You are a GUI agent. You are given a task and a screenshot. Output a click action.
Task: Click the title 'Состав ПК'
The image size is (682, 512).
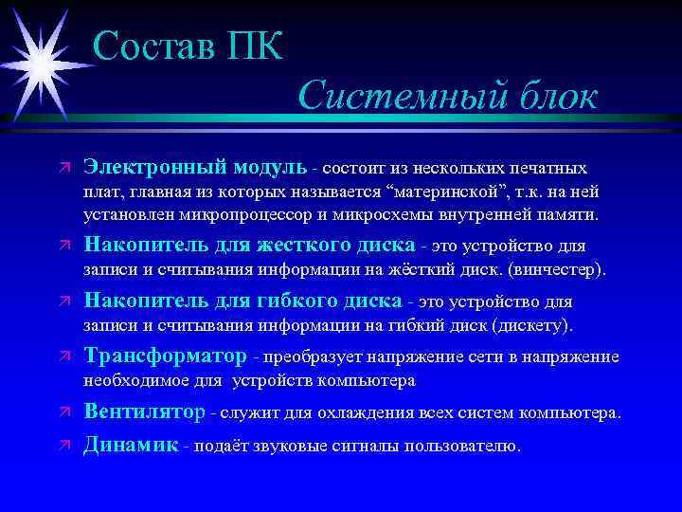pos(188,45)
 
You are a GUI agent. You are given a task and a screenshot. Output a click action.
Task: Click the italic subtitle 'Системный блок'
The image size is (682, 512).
pos(448,96)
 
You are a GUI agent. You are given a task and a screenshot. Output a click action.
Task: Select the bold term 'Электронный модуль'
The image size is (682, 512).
pos(195,167)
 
